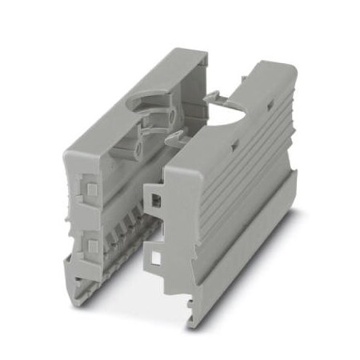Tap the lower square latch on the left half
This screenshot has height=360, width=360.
[90, 242]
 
